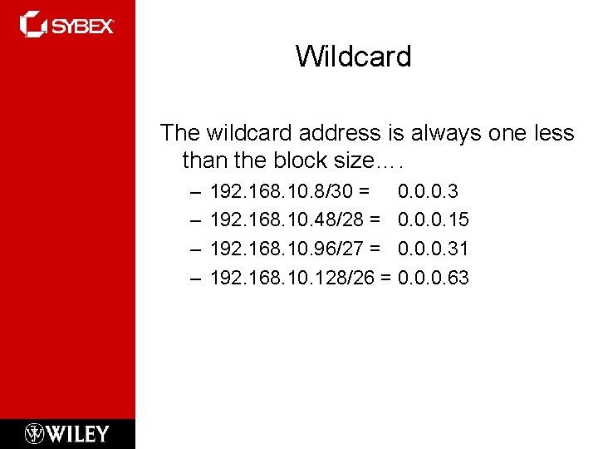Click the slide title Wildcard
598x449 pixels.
[353, 57]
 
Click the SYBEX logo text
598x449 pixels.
[82, 26]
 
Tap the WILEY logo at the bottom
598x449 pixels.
[76, 433]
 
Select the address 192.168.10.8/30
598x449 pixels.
[282, 192]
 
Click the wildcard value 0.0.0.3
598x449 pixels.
[428, 192]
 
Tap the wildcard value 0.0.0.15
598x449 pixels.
[434, 220]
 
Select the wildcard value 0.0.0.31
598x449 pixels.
[434, 249]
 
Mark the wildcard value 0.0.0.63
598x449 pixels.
[434, 277]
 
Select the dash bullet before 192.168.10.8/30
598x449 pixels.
[195, 193]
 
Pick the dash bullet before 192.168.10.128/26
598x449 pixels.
[195, 278]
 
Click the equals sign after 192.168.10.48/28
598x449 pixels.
[375, 220]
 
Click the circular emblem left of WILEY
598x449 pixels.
[35, 433]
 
